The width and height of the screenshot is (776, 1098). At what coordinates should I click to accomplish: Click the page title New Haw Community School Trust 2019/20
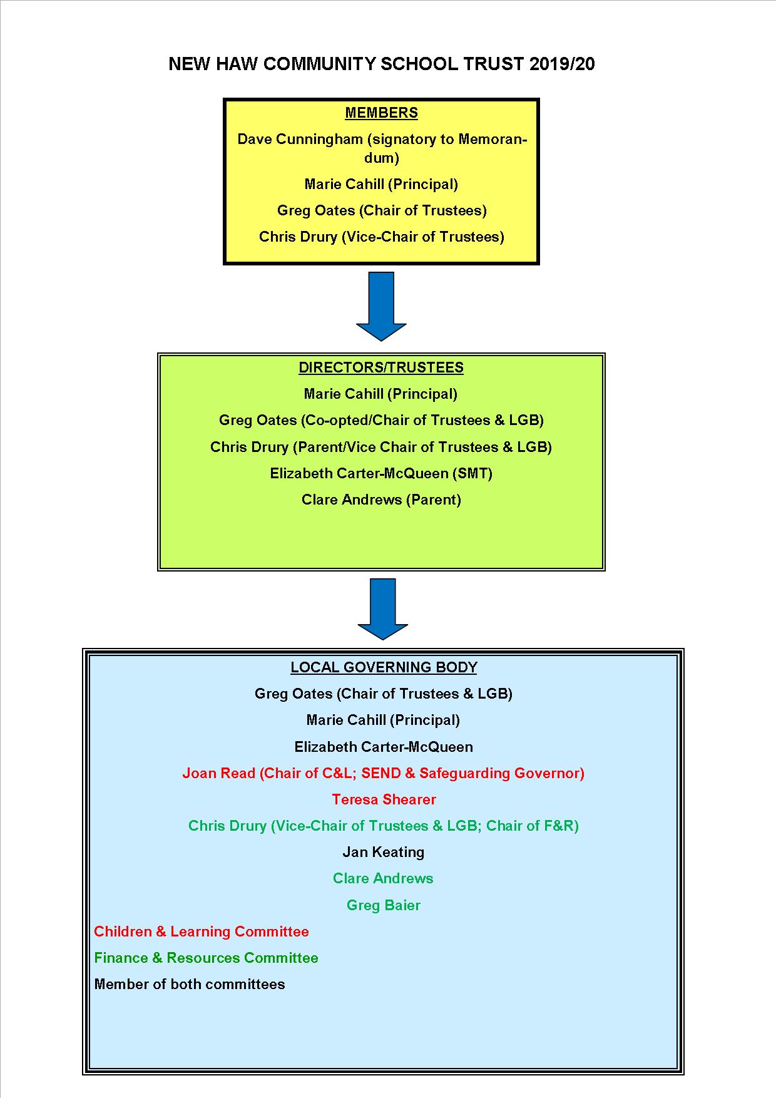tap(382, 64)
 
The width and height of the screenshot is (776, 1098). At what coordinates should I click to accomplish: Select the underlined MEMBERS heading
tap(381, 113)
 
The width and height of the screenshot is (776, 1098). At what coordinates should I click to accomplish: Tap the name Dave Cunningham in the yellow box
tap(299, 140)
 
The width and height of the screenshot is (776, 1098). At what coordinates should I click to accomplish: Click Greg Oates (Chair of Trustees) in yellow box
tap(382, 210)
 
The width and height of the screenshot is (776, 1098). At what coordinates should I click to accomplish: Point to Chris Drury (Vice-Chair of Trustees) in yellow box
tap(382, 237)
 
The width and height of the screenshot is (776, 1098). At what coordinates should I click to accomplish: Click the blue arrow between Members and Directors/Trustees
tap(381, 306)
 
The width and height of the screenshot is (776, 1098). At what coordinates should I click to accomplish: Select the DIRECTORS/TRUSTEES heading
tap(381, 367)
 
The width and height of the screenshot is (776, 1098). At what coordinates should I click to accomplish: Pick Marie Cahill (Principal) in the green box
tap(380, 394)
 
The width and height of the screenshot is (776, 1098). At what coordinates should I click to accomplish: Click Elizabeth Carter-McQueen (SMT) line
tap(381, 473)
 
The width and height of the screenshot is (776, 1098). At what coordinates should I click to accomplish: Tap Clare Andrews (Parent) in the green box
tap(381, 500)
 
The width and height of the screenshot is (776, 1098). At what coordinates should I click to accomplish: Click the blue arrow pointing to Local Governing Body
tap(382, 608)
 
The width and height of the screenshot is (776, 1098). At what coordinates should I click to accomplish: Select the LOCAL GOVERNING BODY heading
tap(384, 667)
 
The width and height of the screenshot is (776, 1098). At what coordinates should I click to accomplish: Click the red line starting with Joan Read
tap(384, 773)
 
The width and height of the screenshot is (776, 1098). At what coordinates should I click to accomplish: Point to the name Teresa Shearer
tap(384, 799)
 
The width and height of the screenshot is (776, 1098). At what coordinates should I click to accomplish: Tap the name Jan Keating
tap(384, 852)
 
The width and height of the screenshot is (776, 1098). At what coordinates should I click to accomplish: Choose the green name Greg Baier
tap(384, 905)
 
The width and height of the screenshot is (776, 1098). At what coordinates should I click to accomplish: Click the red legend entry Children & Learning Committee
tap(202, 931)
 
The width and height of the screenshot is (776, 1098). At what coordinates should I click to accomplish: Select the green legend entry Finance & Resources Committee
tap(206, 958)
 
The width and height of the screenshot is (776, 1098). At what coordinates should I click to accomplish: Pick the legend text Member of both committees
tap(190, 984)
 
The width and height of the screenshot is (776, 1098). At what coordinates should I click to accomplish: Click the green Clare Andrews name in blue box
tap(383, 878)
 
